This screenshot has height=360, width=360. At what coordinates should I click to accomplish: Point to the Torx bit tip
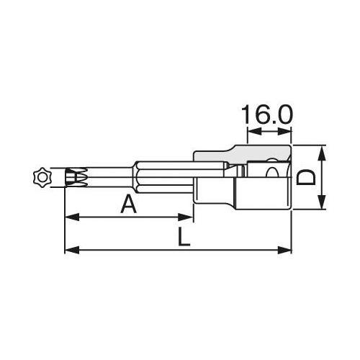75,175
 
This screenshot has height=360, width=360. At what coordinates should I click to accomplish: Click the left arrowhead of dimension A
69,217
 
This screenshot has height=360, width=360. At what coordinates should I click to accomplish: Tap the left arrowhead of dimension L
69,251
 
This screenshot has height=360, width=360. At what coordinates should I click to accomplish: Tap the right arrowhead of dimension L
291,251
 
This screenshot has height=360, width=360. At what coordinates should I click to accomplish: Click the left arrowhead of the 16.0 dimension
251,132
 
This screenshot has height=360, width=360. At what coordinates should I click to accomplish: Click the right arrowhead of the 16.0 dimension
291,132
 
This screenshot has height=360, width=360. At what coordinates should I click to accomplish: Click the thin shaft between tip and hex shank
108,176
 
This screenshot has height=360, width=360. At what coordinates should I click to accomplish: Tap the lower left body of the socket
216,194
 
